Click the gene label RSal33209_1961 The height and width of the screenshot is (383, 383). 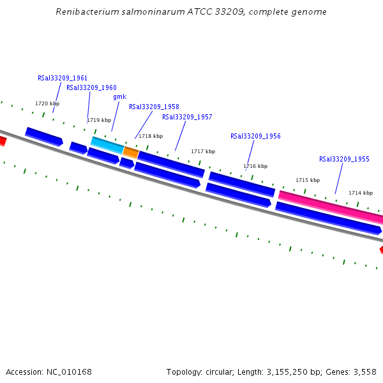point(63,79)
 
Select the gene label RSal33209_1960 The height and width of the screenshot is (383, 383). point(91,88)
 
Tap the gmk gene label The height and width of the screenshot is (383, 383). point(119,97)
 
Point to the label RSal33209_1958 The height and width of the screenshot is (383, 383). point(154,107)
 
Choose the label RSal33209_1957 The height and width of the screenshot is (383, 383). point(187,117)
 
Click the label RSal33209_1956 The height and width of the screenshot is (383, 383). point(255,136)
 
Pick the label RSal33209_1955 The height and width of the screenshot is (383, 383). point(344,159)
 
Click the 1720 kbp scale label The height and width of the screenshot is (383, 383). point(47,103)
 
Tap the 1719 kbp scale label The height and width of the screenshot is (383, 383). point(99,120)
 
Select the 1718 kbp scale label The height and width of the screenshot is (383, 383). point(151,136)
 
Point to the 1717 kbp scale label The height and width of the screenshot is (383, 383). point(203,151)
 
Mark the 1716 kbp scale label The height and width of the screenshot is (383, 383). point(255,166)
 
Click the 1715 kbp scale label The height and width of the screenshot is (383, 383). point(308,180)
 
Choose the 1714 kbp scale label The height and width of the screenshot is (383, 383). point(361,193)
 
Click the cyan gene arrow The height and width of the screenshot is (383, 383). point(107,146)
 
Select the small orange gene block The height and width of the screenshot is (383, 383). point(131,153)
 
